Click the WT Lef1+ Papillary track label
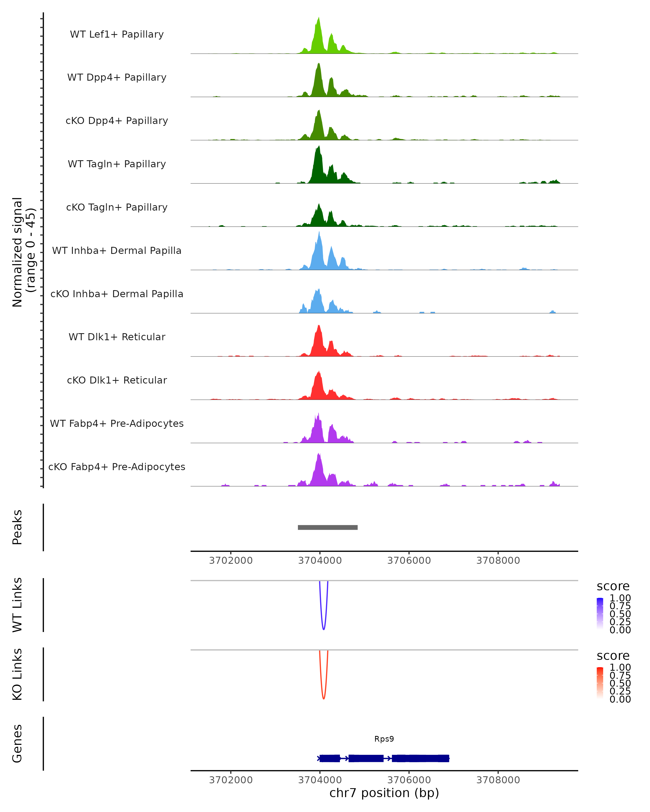click(117, 34)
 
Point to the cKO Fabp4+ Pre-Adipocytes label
click(117, 467)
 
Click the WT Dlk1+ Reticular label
click(117, 337)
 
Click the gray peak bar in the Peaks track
click(327, 527)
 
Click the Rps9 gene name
click(384, 739)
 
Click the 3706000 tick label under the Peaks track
click(409, 561)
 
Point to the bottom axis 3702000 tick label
click(230, 780)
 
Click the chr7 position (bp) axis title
click(384, 793)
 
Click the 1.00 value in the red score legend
click(620, 667)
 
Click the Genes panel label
click(17, 744)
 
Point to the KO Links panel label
click(17, 674)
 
